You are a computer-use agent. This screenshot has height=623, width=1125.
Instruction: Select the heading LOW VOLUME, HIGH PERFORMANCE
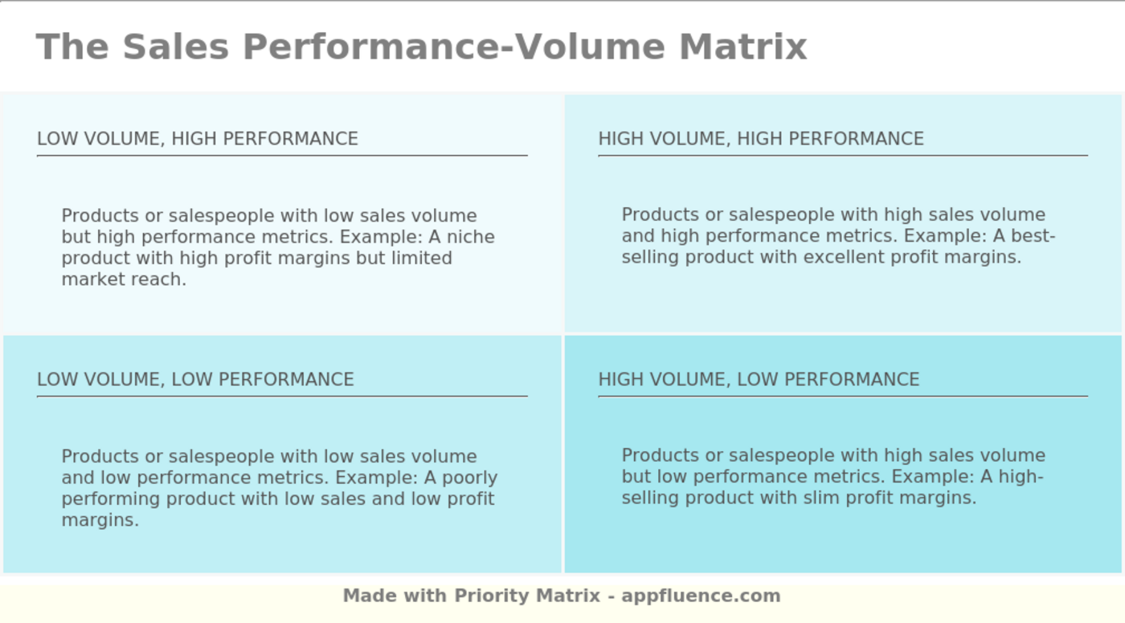coord(198,139)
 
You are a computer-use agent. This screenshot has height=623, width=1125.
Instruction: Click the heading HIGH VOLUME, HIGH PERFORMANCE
coord(761,139)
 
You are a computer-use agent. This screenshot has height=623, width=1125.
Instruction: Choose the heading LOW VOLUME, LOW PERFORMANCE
coord(195,379)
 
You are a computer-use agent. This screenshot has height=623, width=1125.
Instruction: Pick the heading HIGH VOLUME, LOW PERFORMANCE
coord(759,379)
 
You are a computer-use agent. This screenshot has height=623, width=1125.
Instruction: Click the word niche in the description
coord(471,237)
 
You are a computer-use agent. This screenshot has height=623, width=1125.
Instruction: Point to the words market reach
coord(124,279)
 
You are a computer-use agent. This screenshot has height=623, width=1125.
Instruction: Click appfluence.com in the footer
coord(701,596)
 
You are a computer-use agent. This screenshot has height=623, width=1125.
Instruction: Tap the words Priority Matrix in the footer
coord(527,596)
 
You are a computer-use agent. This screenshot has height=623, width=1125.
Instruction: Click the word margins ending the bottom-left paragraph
coord(100,520)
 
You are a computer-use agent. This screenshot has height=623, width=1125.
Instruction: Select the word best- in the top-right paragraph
coord(1033,236)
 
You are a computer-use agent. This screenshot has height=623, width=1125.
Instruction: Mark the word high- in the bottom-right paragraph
coord(1021,477)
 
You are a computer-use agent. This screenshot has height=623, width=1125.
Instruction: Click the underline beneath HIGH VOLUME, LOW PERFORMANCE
coord(843,396)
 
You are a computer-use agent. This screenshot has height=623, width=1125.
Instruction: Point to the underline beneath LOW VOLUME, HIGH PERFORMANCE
coord(282,155)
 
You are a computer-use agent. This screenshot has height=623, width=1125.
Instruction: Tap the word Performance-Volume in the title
coord(454,47)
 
